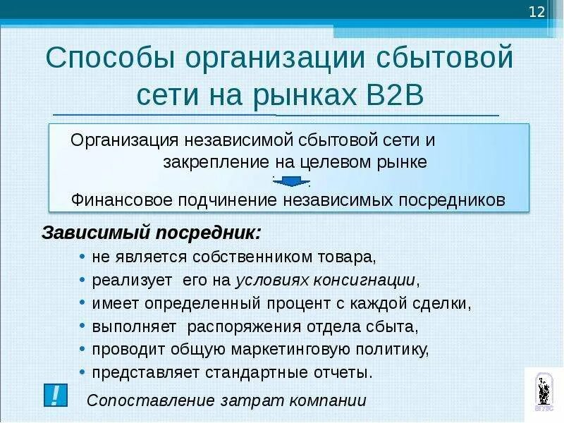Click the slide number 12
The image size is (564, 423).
click(x=537, y=12)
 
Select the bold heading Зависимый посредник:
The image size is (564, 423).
click(x=152, y=232)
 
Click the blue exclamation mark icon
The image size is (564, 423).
click(x=54, y=395)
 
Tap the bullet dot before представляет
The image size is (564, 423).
click(x=83, y=372)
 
